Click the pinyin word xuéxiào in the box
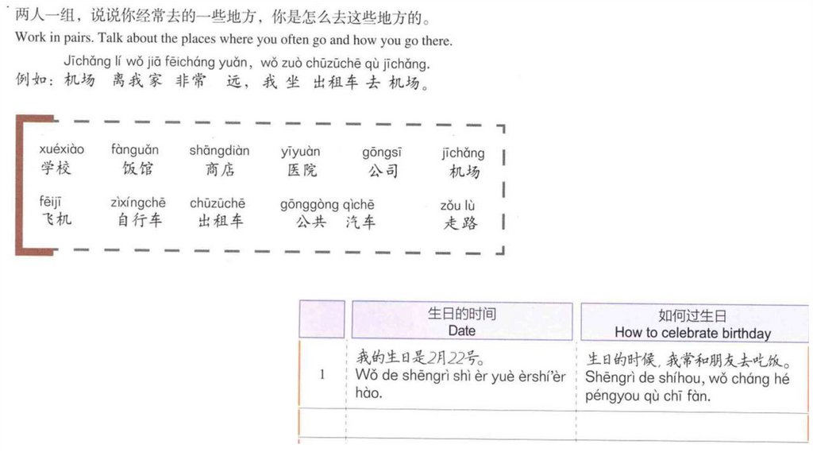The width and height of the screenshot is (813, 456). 61,149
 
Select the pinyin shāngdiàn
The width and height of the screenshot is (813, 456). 219,151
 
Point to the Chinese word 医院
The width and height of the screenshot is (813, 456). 302,170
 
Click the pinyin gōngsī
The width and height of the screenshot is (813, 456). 382,151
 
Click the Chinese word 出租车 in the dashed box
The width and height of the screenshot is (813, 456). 221,221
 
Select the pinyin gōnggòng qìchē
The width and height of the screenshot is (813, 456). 327,205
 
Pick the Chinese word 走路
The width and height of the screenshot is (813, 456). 460,223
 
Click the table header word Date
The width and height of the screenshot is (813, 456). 461,330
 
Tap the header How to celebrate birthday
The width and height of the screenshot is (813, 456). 692,333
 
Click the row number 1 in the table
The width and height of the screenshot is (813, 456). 322,374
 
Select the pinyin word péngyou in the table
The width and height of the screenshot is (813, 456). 613,395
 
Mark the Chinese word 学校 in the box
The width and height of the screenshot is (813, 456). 56,168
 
